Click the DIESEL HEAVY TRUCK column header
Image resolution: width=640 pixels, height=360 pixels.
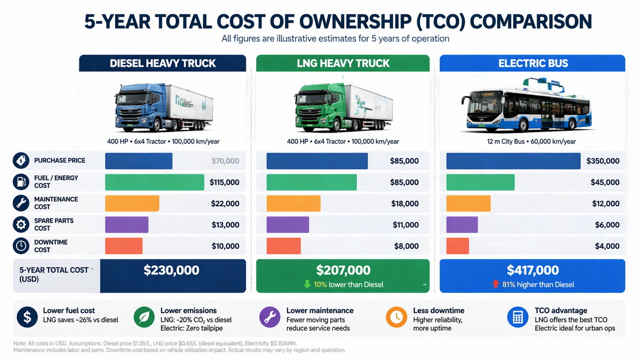pyautogui.click(x=163, y=63)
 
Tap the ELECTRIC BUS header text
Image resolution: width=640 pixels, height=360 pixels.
pyautogui.click(x=533, y=63)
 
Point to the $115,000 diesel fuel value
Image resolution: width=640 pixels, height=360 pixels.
pyautogui.click(x=225, y=182)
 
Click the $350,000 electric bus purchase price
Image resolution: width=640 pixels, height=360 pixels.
pyautogui.click(x=603, y=161)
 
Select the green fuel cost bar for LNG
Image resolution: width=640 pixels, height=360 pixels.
pyautogui.click(x=311, y=182)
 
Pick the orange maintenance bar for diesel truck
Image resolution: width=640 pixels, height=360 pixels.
pyautogui.click(x=132, y=203)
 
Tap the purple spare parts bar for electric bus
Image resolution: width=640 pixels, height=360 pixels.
pyautogui.click(x=462, y=225)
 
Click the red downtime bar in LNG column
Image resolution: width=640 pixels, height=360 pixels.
pyautogui.click(x=283, y=246)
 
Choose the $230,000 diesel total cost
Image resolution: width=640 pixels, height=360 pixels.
pyautogui.click(x=172, y=270)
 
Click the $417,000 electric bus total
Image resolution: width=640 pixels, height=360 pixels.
pyautogui.click(x=533, y=270)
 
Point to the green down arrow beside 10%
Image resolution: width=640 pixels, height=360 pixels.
pyautogui.click(x=307, y=284)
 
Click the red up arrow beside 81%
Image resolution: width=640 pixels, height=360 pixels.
pyautogui.click(x=496, y=284)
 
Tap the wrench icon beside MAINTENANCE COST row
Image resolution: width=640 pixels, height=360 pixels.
pyautogui.click(x=21, y=203)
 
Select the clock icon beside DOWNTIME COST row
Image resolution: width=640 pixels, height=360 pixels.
pyautogui.click(x=21, y=246)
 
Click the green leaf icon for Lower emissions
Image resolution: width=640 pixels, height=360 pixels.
pyautogui.click(x=144, y=317)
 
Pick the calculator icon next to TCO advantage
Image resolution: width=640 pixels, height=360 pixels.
pyautogui.click(x=517, y=317)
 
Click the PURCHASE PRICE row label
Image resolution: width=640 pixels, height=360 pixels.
pyautogui.click(x=60, y=161)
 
